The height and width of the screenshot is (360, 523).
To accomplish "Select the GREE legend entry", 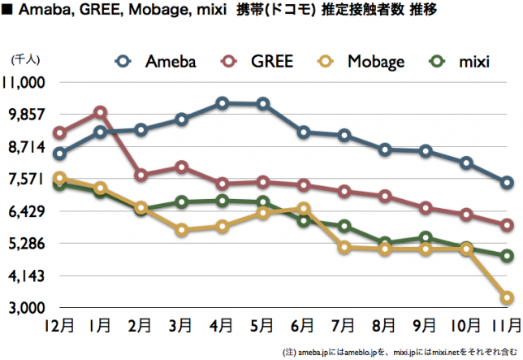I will click(x=260, y=61).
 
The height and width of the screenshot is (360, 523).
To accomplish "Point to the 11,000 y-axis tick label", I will click(x=30, y=82).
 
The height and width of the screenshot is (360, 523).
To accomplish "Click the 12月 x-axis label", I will click(x=59, y=327).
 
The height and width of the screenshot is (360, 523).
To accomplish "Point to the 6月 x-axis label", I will click(x=304, y=327).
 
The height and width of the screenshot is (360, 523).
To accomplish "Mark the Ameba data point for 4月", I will click(x=222, y=103).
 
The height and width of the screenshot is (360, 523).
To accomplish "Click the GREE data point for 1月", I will click(x=100, y=112).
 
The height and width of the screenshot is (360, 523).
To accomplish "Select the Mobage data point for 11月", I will click(x=507, y=298).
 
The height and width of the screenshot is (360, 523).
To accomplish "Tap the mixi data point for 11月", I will click(x=507, y=256).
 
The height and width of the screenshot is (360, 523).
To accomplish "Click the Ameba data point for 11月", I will click(x=507, y=183).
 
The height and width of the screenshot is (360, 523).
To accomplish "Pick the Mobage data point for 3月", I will click(x=181, y=231).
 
